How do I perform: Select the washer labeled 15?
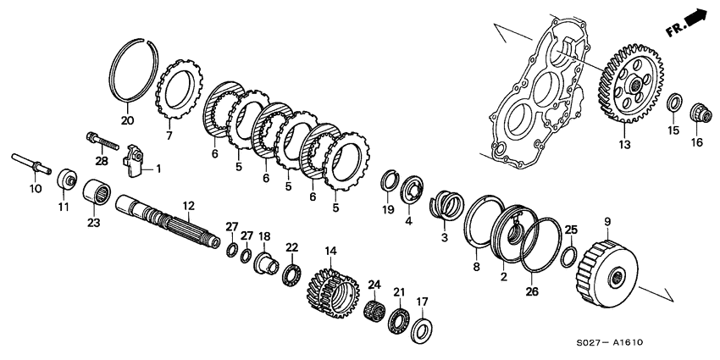pyautogui.click(x=673, y=102)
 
